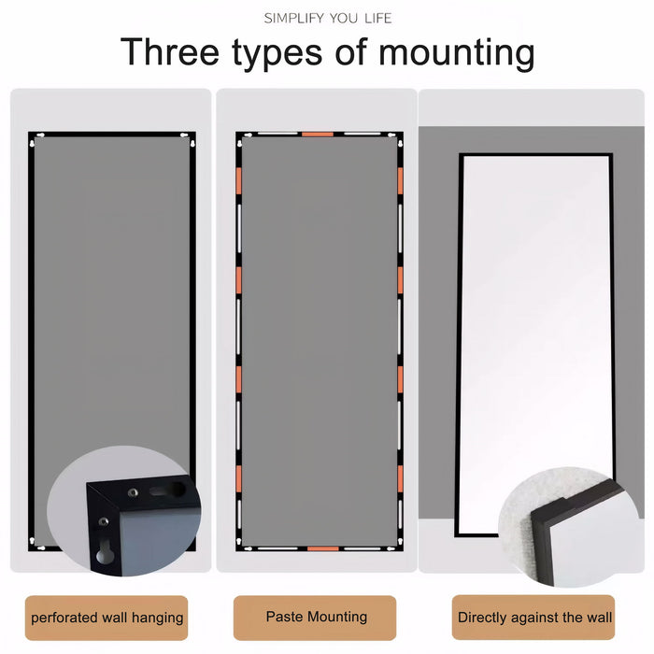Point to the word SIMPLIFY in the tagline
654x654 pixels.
pyautogui.click(x=294, y=18)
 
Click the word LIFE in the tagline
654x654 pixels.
pyautogui.click(x=376, y=18)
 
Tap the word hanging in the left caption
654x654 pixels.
pyautogui.click(x=158, y=618)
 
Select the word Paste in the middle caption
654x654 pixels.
pyautogui.click(x=284, y=617)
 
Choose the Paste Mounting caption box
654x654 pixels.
pyautogui.click(x=317, y=618)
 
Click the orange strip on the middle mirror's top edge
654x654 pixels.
pyautogui.click(x=318, y=134)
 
